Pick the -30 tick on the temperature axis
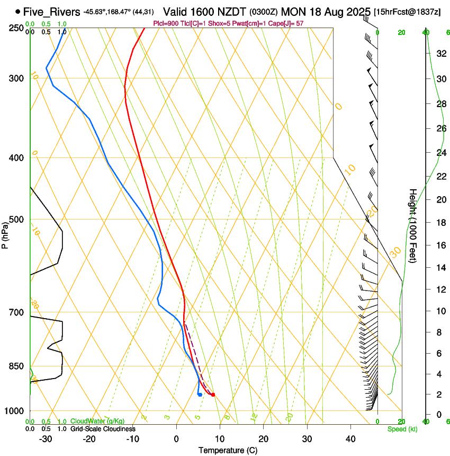(x=46, y=439)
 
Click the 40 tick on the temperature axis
(x=350, y=439)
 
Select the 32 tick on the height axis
(x=440, y=54)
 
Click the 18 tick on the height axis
(x=440, y=222)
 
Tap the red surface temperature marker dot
(x=213, y=394)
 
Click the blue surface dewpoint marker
(x=199, y=394)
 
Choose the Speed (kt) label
(x=402, y=429)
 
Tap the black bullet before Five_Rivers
(x=19, y=11)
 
